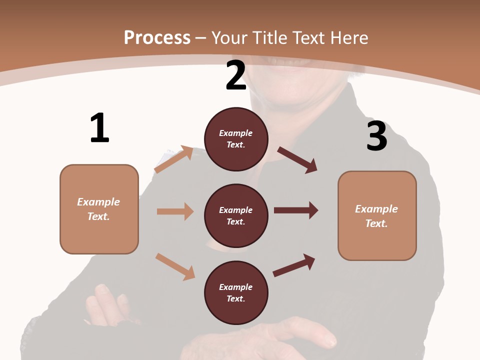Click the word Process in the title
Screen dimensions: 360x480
[x=157, y=37]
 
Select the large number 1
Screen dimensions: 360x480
[x=99, y=128]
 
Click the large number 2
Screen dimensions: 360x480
[x=236, y=75]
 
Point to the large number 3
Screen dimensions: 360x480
[x=376, y=136]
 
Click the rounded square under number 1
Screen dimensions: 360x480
[x=99, y=209]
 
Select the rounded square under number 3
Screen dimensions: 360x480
[x=377, y=215]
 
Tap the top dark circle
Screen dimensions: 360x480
[x=236, y=138]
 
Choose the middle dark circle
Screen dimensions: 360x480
[x=236, y=215]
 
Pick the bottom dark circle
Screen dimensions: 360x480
[x=236, y=292]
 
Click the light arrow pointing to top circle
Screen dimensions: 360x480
[x=174, y=159]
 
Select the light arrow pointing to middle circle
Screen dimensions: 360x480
[x=175, y=211]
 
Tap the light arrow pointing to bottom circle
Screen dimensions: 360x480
[x=175, y=266]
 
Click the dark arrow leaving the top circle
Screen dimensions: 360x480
[x=297, y=160]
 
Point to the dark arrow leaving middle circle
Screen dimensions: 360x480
[x=296, y=210]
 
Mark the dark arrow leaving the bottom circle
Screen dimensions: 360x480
[x=294, y=265]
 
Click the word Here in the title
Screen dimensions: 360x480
[x=349, y=37]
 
